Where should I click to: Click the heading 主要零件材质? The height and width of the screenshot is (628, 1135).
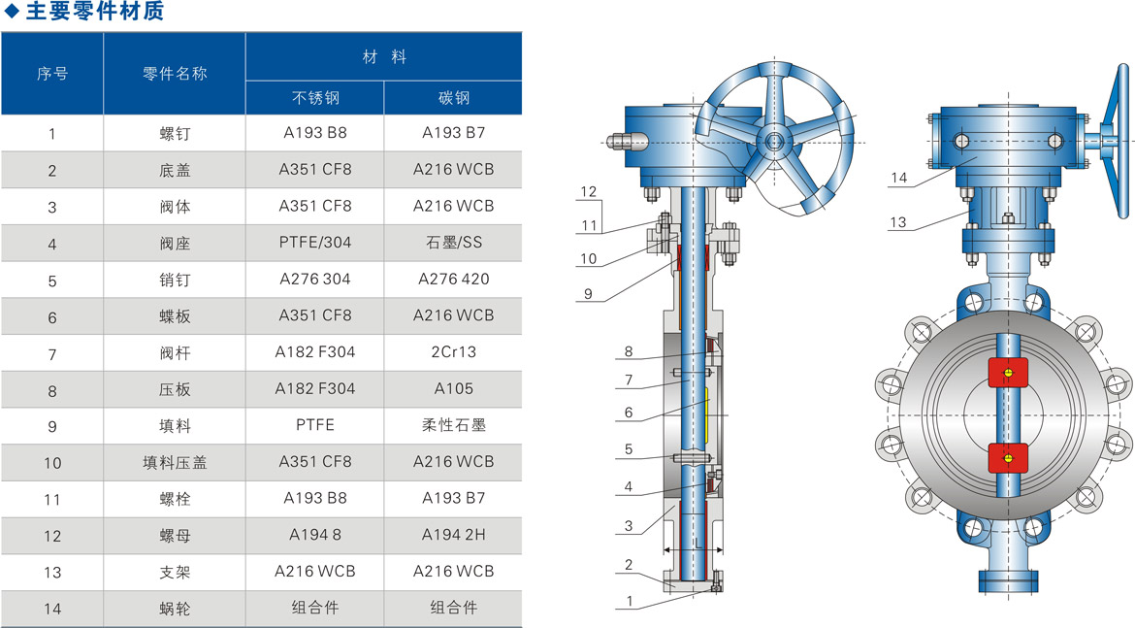coord(95,11)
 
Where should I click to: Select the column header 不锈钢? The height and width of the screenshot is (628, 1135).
coord(315,98)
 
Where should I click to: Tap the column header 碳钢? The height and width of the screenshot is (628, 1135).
coord(454,98)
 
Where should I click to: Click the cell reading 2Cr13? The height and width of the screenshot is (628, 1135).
coord(454,352)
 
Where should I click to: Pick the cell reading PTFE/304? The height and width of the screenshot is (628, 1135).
coord(315,243)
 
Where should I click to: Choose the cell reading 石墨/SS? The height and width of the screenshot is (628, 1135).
coord(454,243)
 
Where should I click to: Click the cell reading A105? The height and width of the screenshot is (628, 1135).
coord(454,389)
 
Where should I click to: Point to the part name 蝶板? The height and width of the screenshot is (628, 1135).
coord(175,316)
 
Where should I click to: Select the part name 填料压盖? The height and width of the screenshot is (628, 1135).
coord(175,462)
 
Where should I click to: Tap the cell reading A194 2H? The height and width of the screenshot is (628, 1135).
coord(454,535)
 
